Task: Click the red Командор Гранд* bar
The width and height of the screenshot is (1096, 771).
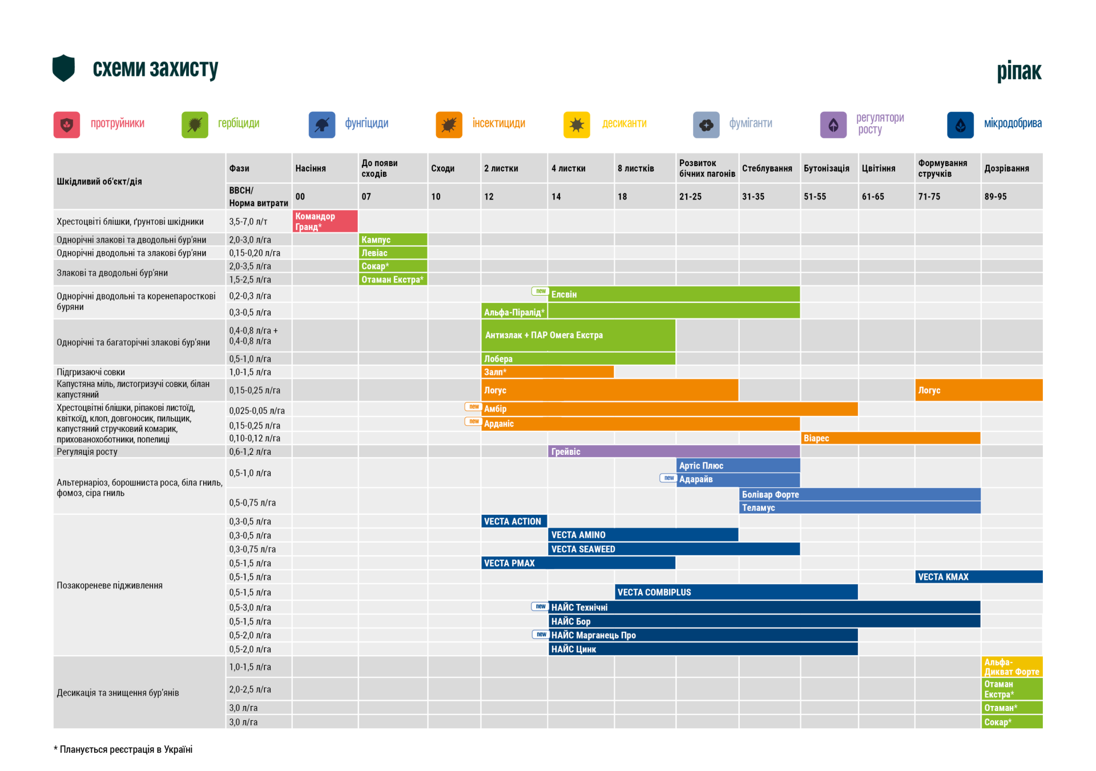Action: pos(325,221)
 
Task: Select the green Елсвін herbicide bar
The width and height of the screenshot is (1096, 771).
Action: pos(674,294)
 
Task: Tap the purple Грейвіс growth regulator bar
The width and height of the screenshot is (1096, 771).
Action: pos(674,451)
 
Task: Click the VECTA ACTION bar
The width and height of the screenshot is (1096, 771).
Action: pos(514,521)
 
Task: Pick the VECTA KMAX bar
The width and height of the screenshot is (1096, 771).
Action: pos(978,577)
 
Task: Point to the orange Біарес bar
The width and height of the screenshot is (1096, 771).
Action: pos(890,438)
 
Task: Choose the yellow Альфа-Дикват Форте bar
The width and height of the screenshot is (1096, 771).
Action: pos(1012,667)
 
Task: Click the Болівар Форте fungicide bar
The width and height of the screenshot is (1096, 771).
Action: pos(860,494)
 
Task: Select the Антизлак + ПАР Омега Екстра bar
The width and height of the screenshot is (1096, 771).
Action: pos(578,336)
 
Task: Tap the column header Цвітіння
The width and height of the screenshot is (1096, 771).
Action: pos(879,168)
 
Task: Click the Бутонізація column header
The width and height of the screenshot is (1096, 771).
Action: pos(826,168)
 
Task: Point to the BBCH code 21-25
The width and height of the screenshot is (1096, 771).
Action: pos(690,197)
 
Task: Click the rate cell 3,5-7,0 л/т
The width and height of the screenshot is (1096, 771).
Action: pos(248,221)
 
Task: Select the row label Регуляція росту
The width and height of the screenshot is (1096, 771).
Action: pos(87,451)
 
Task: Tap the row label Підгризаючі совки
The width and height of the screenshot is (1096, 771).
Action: pos(91,372)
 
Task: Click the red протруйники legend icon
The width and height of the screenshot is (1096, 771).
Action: pos(67,124)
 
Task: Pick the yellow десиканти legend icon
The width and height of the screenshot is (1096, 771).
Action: pos(577,124)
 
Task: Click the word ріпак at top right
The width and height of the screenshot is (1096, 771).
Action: pos(1019,71)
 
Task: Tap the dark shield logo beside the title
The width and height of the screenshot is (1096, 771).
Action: pos(63,68)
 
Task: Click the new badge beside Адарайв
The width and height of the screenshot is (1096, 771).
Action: pos(668,478)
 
